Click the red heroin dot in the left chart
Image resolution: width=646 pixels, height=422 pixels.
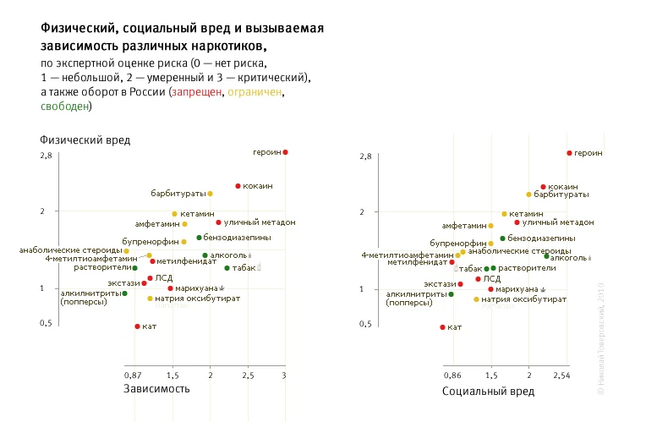coord(286,152)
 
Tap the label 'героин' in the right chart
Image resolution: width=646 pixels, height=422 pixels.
coord(589,153)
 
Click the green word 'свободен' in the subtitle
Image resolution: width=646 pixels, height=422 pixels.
coord(65,107)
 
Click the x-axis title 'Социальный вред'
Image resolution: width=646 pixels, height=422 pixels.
coord(488,392)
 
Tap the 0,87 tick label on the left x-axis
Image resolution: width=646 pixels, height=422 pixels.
coord(133,374)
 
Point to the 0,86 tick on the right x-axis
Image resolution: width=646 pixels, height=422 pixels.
coord(452,374)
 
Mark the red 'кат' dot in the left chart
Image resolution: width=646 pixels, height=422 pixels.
coord(137,326)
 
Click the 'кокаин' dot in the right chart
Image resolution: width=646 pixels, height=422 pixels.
coord(543,187)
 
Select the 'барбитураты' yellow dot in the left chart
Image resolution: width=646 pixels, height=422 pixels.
coord(210,194)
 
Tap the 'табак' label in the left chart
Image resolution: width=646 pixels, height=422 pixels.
coord(244,268)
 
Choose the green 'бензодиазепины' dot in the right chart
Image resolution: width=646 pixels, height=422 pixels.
coord(502,238)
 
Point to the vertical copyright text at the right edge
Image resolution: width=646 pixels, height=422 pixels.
coord(601,338)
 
